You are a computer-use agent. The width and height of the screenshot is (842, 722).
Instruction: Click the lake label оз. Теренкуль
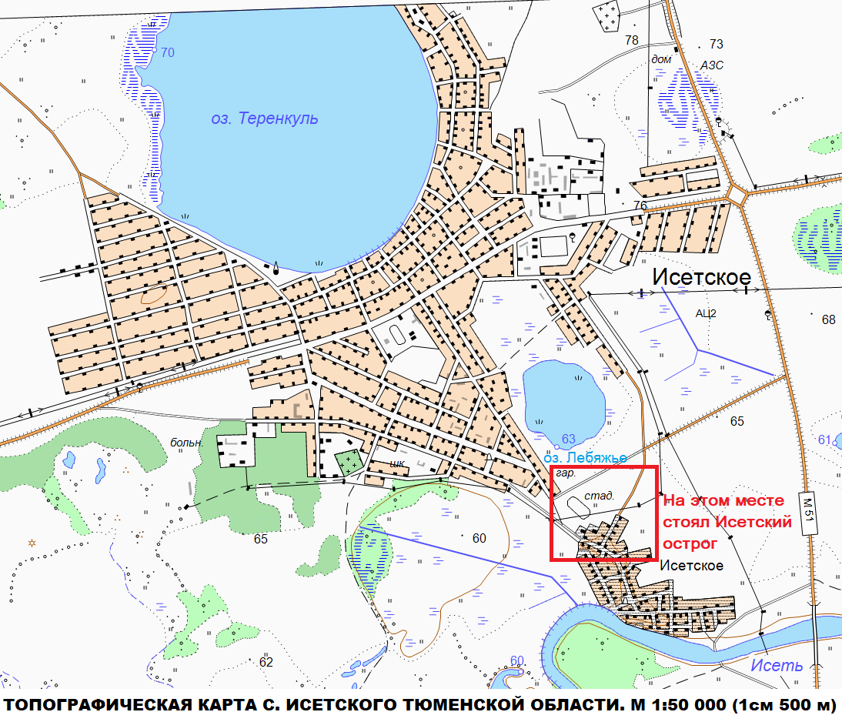click(264, 119)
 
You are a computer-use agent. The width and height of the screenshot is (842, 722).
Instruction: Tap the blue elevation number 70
click(168, 52)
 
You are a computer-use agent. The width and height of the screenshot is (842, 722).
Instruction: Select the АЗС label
click(711, 65)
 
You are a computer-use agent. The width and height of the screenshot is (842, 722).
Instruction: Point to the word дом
click(661, 59)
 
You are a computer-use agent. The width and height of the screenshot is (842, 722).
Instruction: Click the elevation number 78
click(632, 40)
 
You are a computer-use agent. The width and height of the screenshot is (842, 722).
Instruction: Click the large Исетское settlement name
click(701, 277)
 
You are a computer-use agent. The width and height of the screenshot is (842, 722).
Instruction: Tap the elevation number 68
click(828, 319)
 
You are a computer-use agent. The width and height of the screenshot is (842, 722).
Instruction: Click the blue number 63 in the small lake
click(568, 439)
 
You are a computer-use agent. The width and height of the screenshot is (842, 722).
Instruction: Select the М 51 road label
click(807, 512)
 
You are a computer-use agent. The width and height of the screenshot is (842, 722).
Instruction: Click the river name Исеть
click(777, 665)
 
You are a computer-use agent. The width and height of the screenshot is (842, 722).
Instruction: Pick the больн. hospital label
click(186, 443)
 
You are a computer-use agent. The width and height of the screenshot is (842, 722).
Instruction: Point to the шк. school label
click(398, 464)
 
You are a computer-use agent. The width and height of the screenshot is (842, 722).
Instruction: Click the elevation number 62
click(266, 662)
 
